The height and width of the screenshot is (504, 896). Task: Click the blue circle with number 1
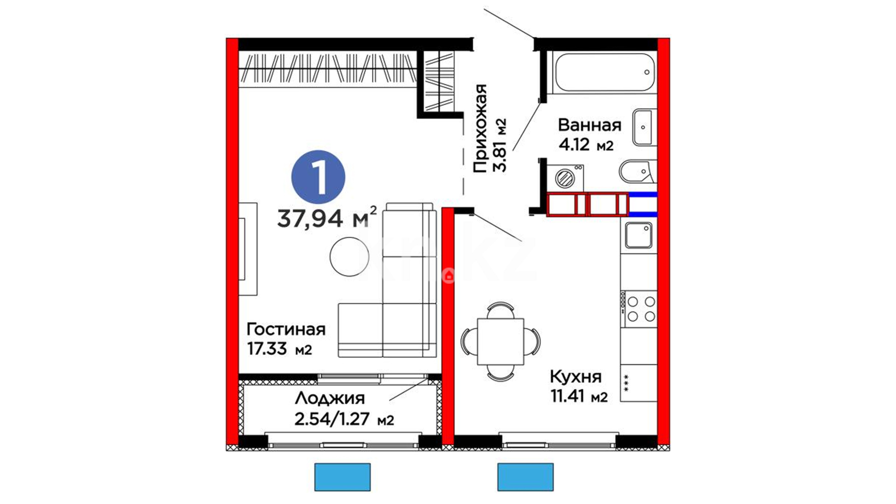point(318,177)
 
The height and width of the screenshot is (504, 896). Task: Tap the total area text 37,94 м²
point(327,217)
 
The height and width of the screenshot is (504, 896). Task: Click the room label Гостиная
point(286,329)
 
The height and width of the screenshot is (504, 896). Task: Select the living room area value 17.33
point(267,349)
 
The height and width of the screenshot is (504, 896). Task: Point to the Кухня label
point(575,377)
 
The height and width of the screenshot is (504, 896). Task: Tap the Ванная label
point(589,125)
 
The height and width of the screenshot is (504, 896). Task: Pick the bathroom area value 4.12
point(574,145)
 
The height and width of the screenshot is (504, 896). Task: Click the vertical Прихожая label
point(480,129)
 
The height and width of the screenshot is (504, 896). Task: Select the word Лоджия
point(330,399)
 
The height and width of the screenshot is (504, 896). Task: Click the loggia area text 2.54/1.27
point(332,419)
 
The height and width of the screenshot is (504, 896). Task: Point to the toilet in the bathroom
point(637,172)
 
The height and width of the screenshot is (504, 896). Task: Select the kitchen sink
point(638,235)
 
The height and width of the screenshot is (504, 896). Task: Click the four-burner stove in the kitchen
point(639,308)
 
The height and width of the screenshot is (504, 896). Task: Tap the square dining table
point(500,342)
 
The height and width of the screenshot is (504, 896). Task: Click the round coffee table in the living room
point(349,257)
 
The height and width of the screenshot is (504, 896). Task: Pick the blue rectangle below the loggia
point(343,477)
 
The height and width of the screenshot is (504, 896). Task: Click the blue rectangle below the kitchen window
point(525,477)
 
